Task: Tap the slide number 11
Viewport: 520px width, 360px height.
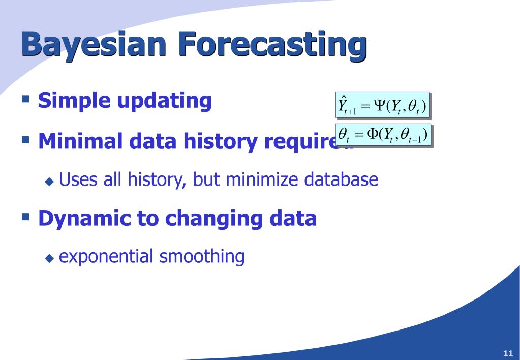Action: [x=507, y=353]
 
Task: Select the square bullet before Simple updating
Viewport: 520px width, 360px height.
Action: [x=25, y=97]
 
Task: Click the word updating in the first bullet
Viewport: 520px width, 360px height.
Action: [x=164, y=101]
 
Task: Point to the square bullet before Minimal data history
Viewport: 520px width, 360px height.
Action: [x=25, y=138]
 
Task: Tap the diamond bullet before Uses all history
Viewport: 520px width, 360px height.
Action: [x=49, y=181]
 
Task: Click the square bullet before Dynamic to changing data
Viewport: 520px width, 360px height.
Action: [x=25, y=215]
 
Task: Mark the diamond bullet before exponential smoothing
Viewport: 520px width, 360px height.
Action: [x=49, y=258]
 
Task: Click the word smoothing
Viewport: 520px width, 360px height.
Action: [x=202, y=257]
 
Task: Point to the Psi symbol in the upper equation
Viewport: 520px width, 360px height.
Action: [x=379, y=105]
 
